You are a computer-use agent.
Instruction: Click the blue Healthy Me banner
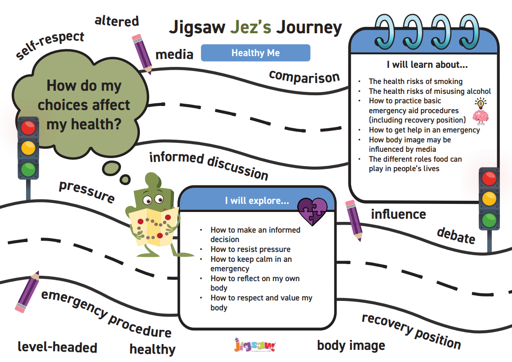click(255, 53)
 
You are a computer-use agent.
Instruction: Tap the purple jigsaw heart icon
click(313, 211)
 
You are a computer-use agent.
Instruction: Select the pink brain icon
click(481, 116)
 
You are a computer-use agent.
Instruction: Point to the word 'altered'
click(117, 21)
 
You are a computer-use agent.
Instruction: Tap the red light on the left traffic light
click(28, 128)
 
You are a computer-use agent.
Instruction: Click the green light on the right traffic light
click(489, 220)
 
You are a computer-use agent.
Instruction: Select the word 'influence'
click(398, 214)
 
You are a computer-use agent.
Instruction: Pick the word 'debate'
click(456, 235)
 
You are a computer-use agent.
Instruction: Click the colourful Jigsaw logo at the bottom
click(255, 345)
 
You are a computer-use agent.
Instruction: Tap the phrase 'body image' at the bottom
click(351, 345)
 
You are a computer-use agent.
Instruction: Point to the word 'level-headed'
click(58, 347)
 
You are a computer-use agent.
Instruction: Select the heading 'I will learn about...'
click(427, 65)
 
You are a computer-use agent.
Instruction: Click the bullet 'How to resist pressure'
click(250, 249)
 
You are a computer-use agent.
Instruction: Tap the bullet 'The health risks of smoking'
click(415, 81)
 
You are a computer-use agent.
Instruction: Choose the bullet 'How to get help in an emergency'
click(424, 130)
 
